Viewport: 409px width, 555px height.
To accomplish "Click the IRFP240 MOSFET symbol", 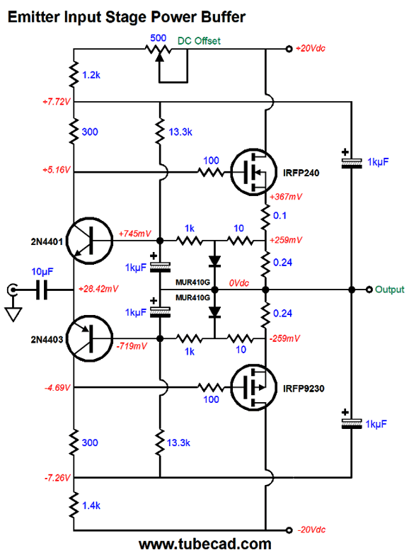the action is click(253, 172).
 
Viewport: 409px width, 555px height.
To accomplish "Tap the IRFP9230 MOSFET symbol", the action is click(253, 388).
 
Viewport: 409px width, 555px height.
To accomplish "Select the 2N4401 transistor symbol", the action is click(90, 241).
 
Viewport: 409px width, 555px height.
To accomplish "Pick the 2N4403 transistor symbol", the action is click(90, 338).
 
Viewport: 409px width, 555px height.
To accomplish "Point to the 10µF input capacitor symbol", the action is click(42, 290).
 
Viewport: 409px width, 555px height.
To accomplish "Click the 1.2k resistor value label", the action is click(91, 75).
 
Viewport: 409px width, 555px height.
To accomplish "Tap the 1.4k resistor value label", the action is click(91, 505).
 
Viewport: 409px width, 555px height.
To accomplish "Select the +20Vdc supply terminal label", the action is click(311, 48).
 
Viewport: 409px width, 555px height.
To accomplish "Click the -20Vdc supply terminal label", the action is click(311, 530).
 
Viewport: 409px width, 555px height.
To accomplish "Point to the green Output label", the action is click(389, 290).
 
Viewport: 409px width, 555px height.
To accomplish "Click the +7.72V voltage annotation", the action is click(57, 102).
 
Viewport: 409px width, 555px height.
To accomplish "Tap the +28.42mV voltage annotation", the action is click(98, 289).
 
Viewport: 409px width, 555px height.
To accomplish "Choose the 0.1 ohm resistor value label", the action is click(280, 215).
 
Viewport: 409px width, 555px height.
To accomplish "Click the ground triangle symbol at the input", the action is click(13, 314).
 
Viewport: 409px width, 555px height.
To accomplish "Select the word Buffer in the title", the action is click(224, 17).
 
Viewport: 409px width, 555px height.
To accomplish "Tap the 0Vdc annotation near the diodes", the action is click(239, 283).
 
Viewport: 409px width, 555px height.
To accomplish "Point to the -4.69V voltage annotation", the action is click(57, 388).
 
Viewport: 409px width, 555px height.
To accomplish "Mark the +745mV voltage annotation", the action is click(134, 234).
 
